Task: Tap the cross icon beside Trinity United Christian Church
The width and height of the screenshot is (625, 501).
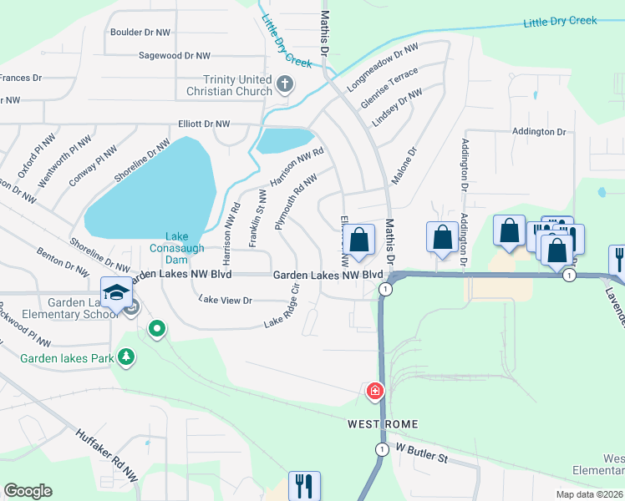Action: pyautogui.click(x=285, y=83)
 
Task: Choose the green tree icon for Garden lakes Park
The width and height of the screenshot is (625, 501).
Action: pyautogui.click(x=126, y=357)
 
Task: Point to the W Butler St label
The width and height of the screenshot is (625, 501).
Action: pyautogui.click(x=421, y=458)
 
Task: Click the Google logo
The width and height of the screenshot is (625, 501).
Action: pyautogui.click(x=28, y=491)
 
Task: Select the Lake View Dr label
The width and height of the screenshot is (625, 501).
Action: pyautogui.click(x=225, y=301)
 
